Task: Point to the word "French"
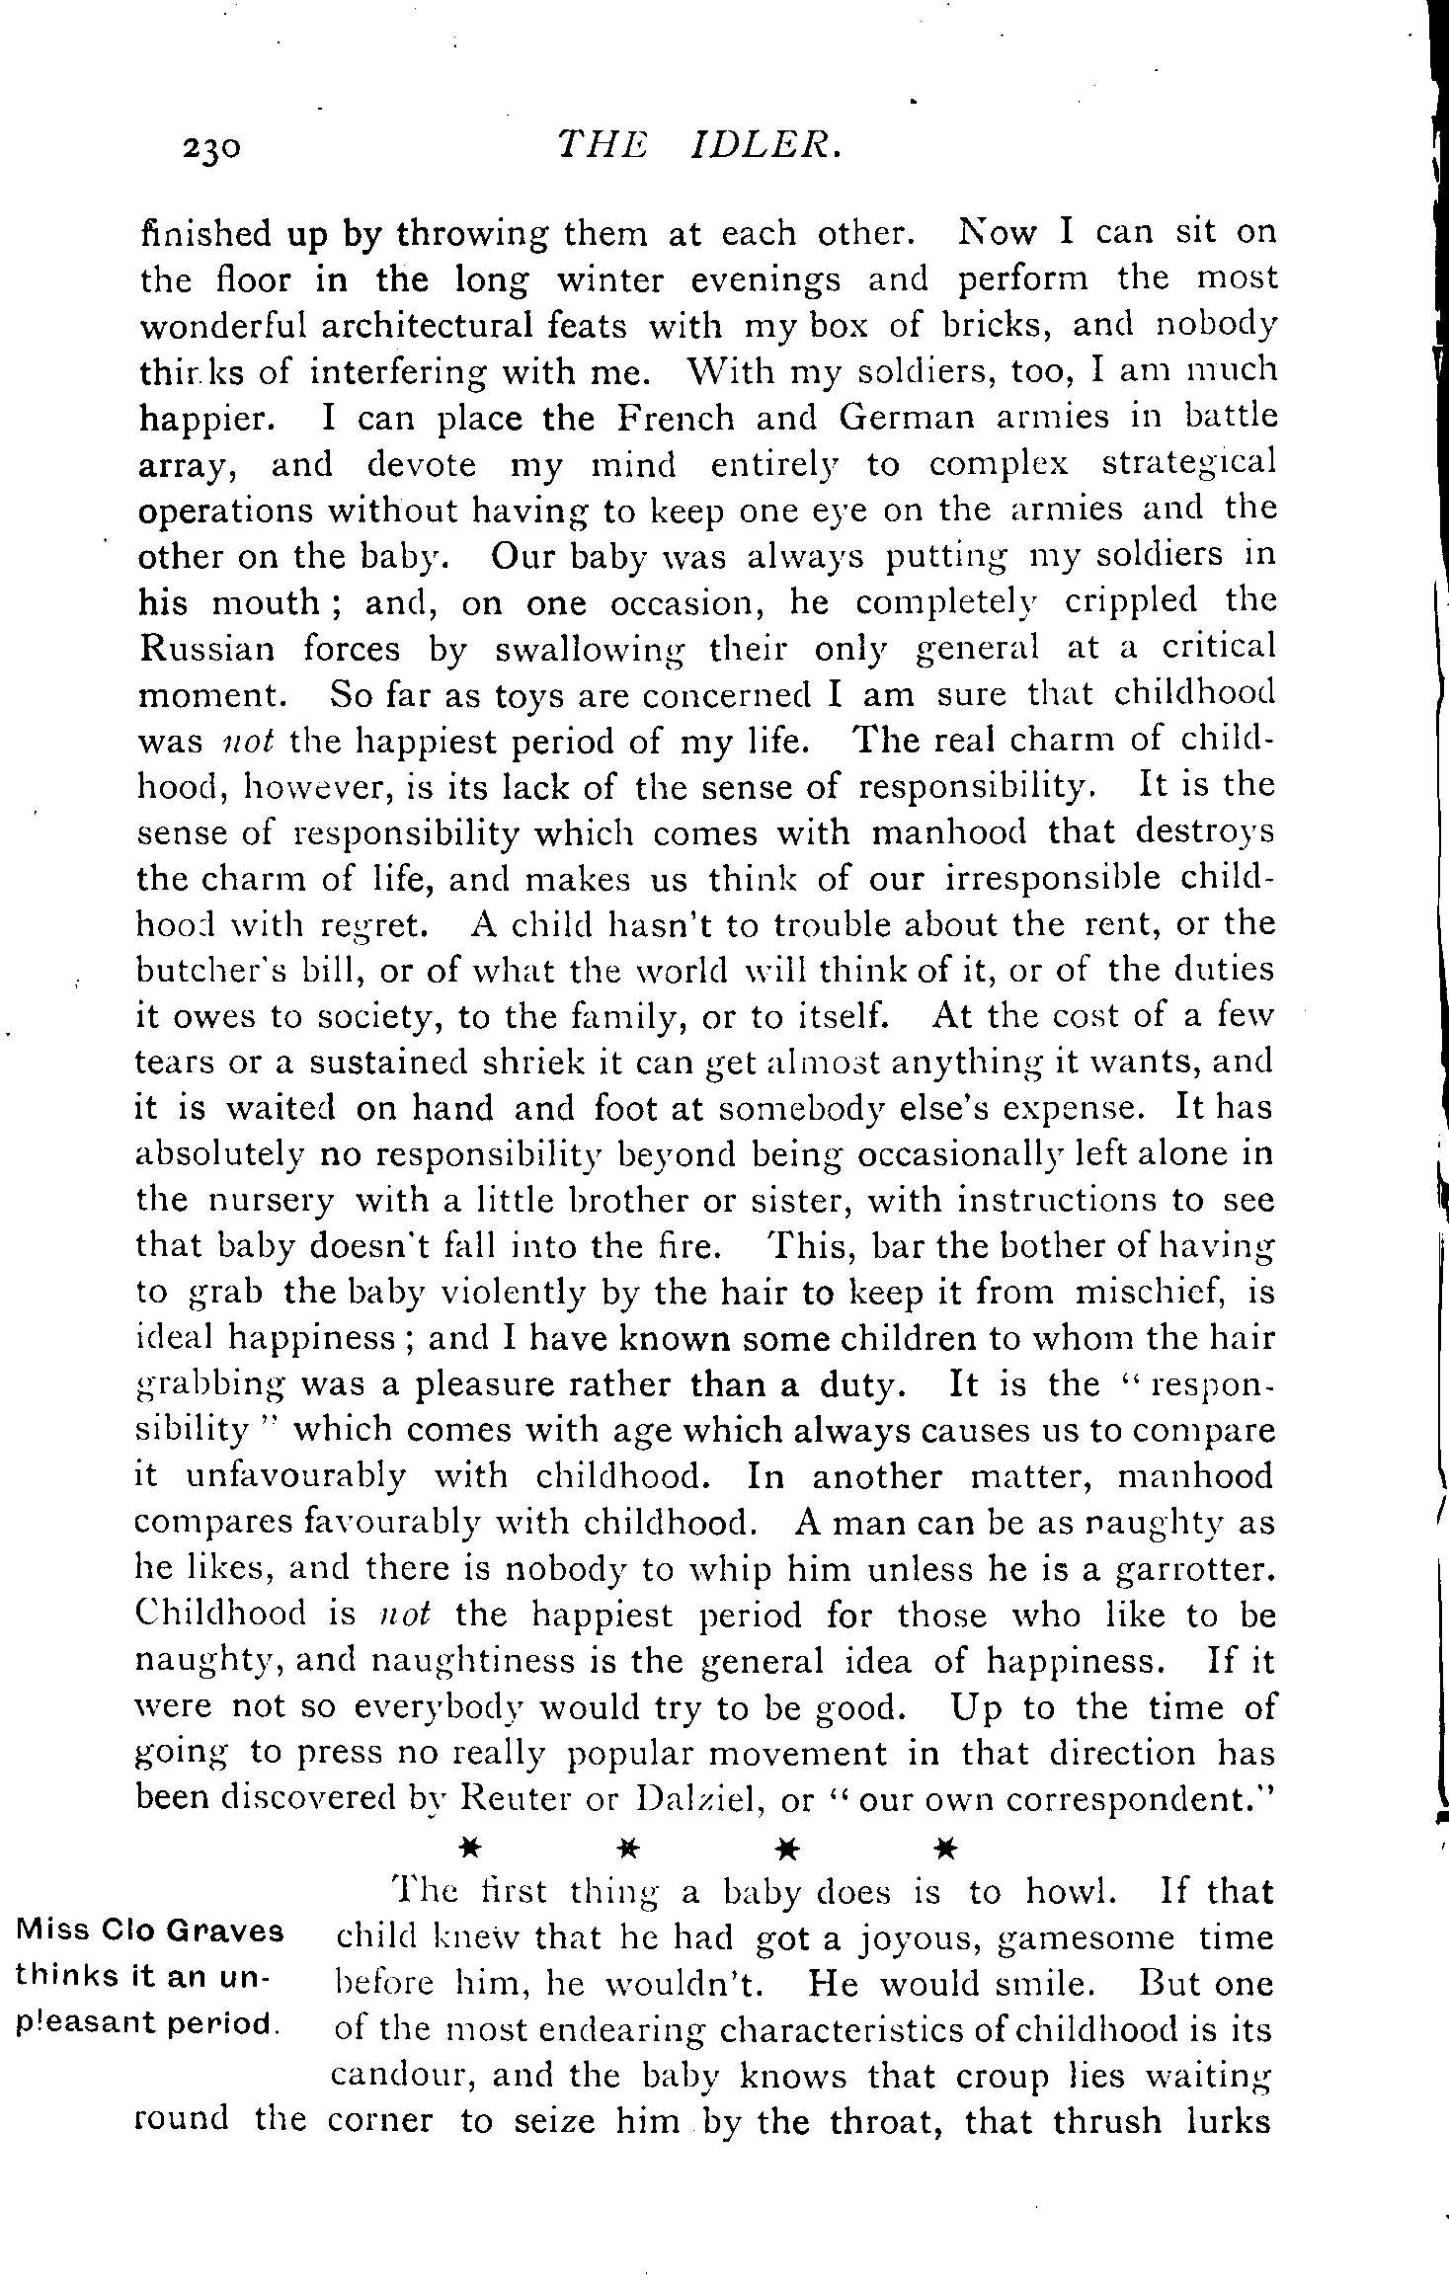coord(676,418)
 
